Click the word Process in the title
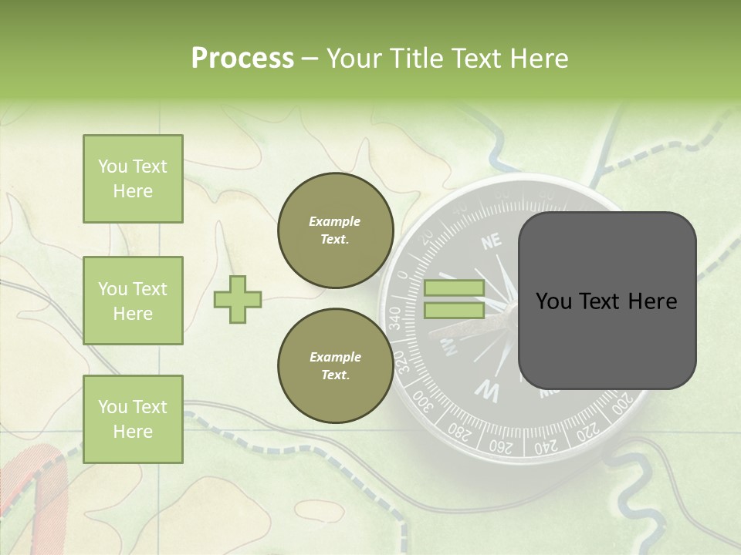pos(242,59)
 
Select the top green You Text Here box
pos(133,179)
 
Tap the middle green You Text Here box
pos(133,301)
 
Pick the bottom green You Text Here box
pos(133,419)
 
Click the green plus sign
pos(237,300)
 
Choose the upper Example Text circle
pos(335,230)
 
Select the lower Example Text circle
pos(335,366)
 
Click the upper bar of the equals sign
pos(454,288)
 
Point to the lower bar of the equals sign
pos(454,310)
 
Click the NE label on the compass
pos(492,243)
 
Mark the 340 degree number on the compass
pos(394,318)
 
